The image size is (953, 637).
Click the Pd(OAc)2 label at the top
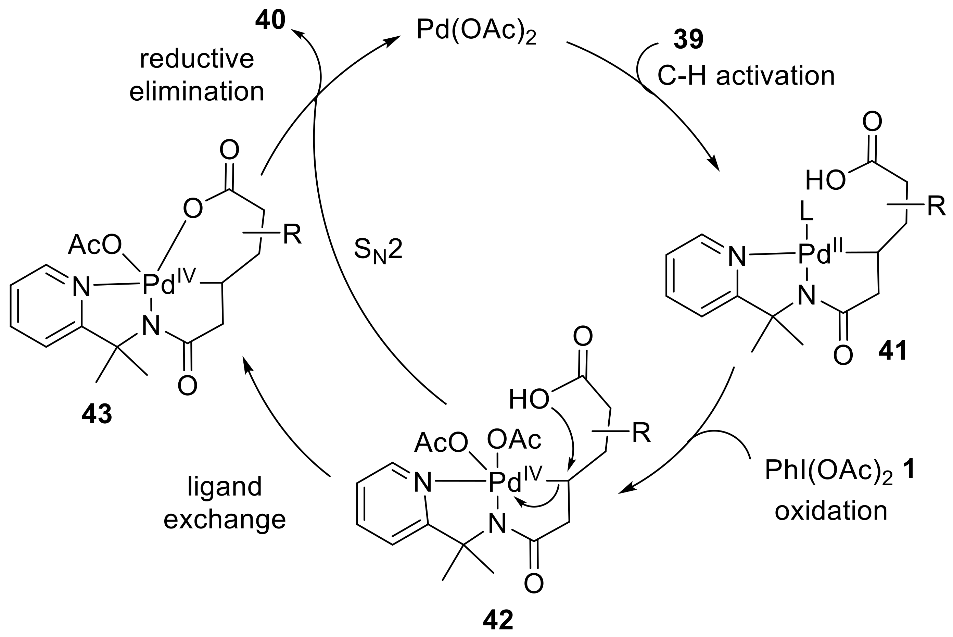[476, 32]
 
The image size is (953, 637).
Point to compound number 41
[892, 350]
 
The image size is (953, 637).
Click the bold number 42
[498, 620]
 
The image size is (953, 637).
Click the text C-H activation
[746, 76]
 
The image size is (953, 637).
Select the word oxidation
[831, 511]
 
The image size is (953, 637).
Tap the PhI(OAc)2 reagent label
[828, 471]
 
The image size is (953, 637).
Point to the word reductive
[197, 59]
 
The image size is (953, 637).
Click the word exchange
[225, 520]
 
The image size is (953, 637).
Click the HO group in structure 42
[529, 400]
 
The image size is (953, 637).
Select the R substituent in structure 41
[937, 207]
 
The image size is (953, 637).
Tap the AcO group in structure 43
[94, 245]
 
